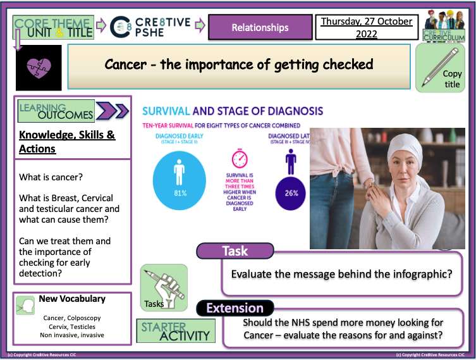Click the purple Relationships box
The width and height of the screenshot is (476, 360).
(260, 27)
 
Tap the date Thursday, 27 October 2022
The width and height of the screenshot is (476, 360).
(366, 27)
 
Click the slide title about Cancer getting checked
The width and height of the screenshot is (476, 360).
(239, 64)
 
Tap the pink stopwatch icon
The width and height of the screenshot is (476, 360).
(240, 158)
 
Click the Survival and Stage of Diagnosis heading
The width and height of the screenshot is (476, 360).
(233, 111)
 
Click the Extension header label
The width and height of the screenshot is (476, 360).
(235, 308)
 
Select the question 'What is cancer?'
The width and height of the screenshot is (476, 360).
(47, 177)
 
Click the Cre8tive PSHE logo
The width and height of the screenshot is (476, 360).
(150, 27)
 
